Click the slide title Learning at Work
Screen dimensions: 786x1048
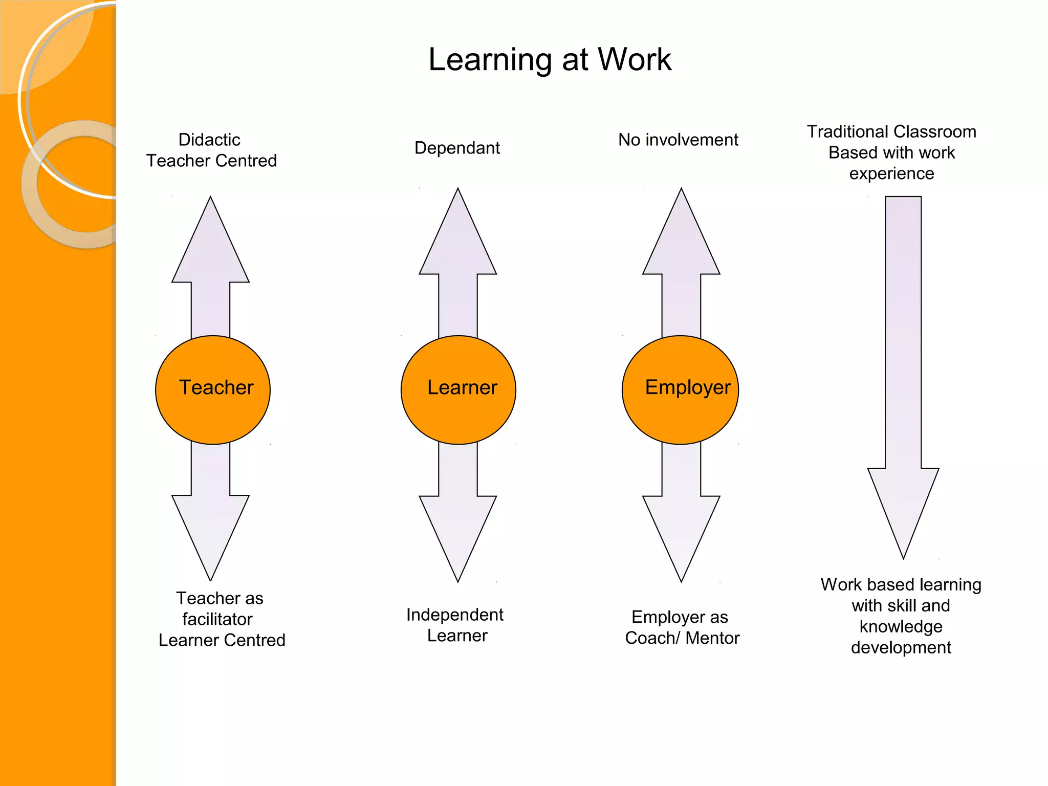point(550,59)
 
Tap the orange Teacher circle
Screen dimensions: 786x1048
point(213,389)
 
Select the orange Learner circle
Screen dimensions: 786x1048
point(458,389)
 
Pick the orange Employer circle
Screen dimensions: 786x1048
point(680,389)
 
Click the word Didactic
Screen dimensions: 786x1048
point(209,140)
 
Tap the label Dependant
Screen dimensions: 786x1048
point(457,148)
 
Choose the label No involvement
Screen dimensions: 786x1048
point(678,140)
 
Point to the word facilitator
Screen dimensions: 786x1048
point(217,619)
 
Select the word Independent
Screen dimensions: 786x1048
point(455,615)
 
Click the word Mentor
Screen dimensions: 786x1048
point(712,638)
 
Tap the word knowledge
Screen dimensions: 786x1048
point(901,626)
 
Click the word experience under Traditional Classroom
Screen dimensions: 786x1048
point(891,173)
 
